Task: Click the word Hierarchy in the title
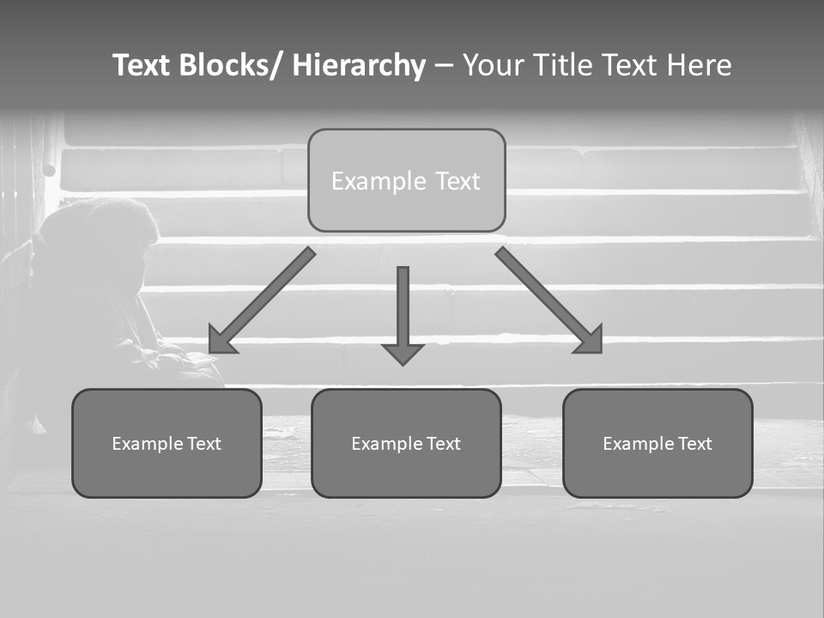(x=359, y=66)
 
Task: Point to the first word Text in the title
(x=142, y=66)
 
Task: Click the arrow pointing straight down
(x=403, y=309)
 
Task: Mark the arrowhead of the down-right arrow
(x=590, y=341)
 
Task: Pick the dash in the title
(x=444, y=66)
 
